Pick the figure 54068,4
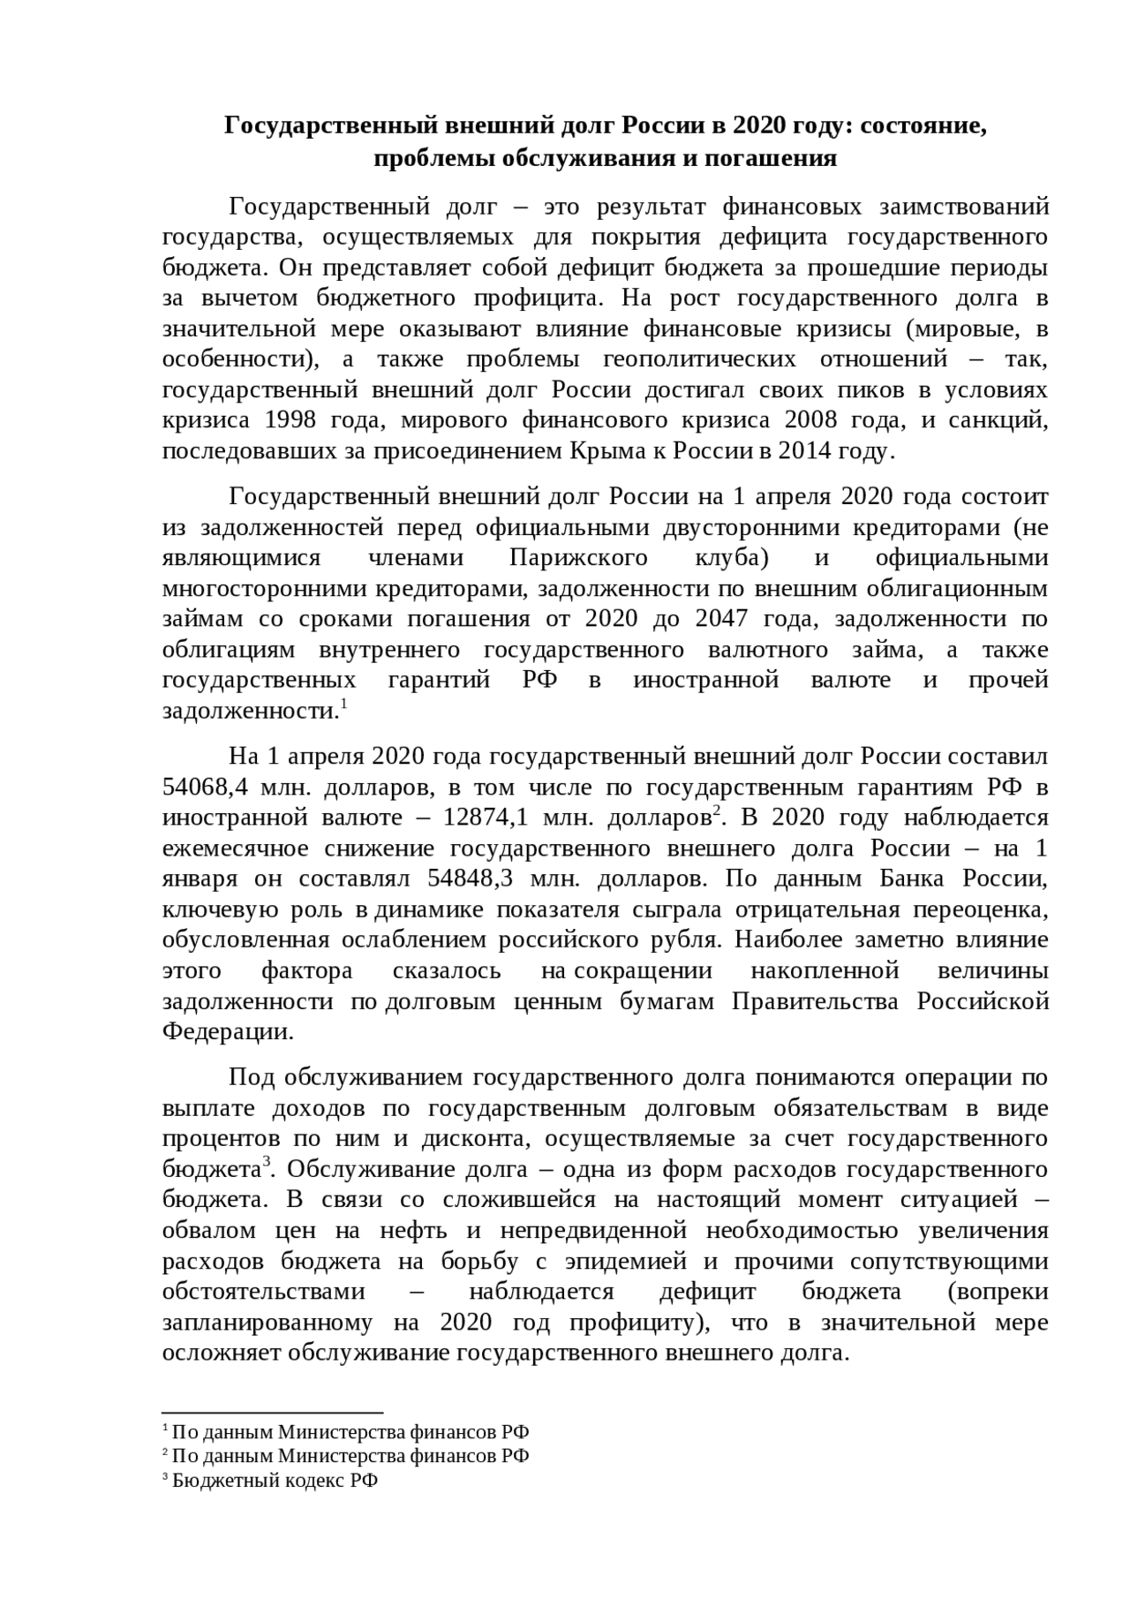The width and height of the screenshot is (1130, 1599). click(200, 787)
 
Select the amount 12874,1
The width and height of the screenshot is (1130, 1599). click(486, 818)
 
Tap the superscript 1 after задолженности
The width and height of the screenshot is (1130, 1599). click(343, 704)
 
